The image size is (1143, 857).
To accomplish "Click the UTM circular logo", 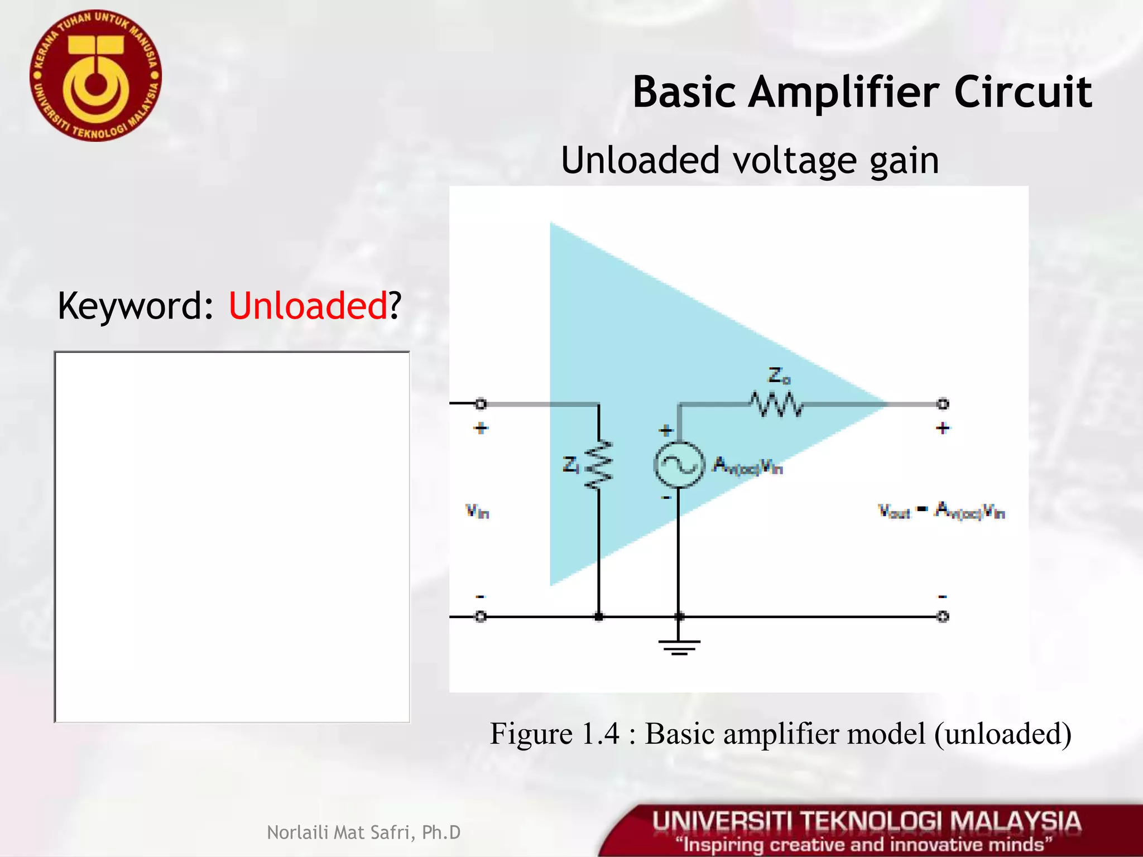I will (x=95, y=76).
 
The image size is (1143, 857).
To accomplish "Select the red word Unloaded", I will (x=308, y=306).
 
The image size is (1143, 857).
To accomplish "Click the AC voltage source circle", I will (x=678, y=465).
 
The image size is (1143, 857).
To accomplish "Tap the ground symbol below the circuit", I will (x=679, y=646).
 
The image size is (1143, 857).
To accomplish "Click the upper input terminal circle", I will (x=481, y=403).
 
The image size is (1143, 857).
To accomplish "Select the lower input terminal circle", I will (x=481, y=617).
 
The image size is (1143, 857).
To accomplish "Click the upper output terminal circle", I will (x=943, y=403).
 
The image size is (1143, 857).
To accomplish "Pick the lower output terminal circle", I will (x=943, y=617).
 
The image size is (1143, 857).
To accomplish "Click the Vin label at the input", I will (x=477, y=511).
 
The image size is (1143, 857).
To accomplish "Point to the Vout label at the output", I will (x=894, y=511).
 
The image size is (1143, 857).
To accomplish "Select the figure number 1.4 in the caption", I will (x=601, y=733).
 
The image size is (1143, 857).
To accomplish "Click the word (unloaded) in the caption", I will (x=1003, y=733).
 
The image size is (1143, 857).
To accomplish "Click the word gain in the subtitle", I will (x=904, y=161).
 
